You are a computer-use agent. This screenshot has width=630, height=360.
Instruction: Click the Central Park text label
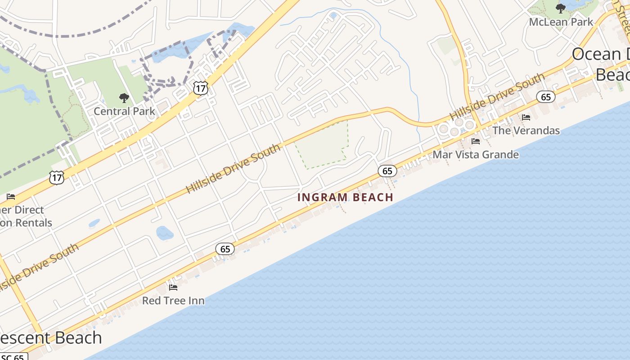(x=124, y=111)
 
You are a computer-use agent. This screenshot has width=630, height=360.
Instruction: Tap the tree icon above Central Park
(x=124, y=98)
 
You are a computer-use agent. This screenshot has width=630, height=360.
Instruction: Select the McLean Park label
(x=561, y=22)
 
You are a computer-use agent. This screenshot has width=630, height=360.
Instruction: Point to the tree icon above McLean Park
(x=561, y=8)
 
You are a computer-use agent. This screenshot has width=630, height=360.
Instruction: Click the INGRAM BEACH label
(x=345, y=197)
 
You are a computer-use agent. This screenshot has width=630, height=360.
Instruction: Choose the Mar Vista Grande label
(x=476, y=155)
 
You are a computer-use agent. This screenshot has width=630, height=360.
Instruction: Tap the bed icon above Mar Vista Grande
(x=476, y=141)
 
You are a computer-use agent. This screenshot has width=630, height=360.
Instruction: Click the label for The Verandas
(x=526, y=130)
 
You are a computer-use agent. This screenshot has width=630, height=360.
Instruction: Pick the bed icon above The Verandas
(x=526, y=117)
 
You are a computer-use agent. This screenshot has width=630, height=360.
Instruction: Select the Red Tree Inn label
(x=173, y=300)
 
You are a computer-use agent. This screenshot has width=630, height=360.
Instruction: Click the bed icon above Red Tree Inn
(x=173, y=287)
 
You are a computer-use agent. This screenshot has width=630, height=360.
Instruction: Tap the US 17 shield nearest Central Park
(x=201, y=88)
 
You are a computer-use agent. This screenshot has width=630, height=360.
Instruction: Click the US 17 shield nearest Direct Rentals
(x=57, y=177)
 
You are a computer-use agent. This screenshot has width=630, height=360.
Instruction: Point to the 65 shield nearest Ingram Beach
(x=387, y=171)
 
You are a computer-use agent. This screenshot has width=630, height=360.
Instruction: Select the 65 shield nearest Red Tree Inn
(x=225, y=248)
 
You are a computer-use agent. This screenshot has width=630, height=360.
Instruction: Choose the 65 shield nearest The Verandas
(x=546, y=97)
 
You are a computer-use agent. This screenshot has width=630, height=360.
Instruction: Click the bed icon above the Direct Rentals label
(x=11, y=197)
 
